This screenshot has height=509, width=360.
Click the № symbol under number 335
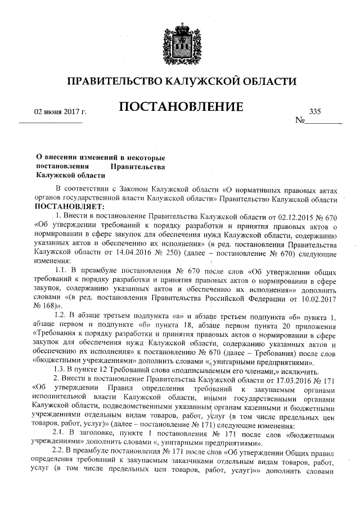tap(300, 121)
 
